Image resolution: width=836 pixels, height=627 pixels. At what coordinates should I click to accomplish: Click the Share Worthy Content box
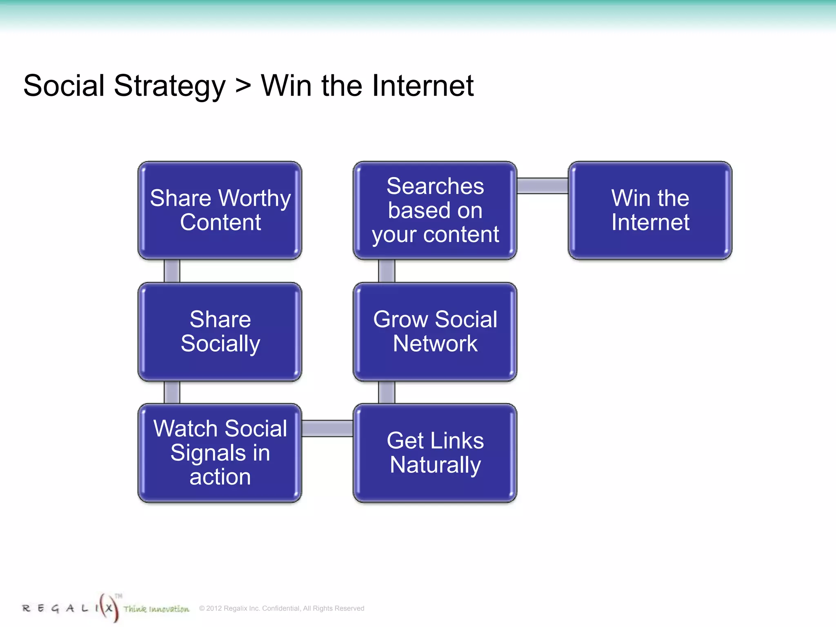point(220,210)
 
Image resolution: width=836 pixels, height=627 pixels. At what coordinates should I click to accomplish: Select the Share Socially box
point(220,331)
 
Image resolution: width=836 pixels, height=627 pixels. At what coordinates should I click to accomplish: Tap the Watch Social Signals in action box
point(220,453)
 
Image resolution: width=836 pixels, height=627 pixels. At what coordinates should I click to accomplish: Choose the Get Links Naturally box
point(435,453)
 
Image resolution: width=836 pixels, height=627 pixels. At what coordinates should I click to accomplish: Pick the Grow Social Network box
point(435,331)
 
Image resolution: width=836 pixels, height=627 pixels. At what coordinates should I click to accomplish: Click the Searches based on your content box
point(435,210)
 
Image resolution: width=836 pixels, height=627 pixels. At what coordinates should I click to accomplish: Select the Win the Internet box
point(650,210)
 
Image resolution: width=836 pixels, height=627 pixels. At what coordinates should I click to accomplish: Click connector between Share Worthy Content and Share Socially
point(172,271)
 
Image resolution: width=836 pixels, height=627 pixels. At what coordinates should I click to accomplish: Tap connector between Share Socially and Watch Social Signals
point(172,392)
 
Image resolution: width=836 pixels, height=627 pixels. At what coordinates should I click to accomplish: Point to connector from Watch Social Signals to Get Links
point(327,429)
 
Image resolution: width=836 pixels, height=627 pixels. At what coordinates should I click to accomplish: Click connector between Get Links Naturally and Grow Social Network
point(387,392)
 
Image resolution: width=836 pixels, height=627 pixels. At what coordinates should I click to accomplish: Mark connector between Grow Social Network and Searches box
point(387,271)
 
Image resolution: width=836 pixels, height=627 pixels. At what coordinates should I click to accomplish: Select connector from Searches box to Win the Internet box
point(543,186)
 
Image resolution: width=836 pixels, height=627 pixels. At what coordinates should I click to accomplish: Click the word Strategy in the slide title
point(169,87)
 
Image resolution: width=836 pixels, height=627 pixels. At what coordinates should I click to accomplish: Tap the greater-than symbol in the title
point(243,87)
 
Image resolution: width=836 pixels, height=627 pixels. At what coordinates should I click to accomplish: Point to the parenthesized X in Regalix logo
point(109,608)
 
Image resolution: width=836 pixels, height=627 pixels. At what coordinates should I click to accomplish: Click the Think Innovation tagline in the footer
point(156,609)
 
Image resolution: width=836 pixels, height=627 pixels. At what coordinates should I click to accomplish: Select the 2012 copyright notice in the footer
point(282,608)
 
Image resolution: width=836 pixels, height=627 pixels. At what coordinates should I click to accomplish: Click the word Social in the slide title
point(64,86)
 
